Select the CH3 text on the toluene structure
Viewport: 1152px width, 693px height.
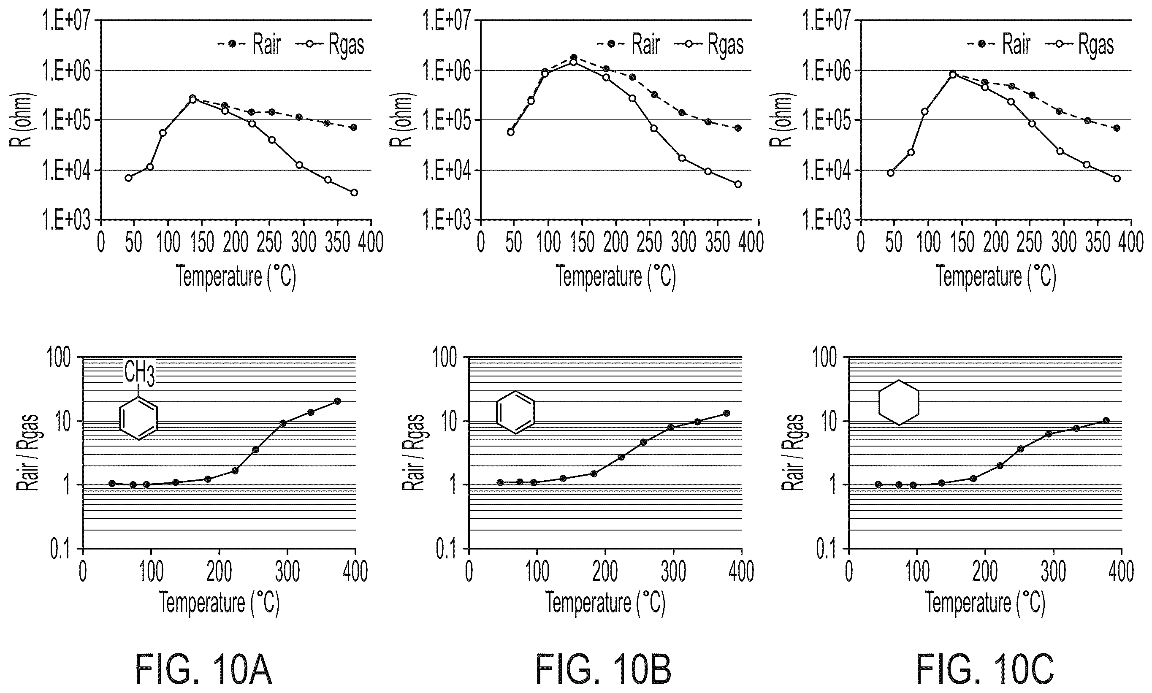[139, 374]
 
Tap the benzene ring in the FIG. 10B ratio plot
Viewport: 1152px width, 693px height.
[515, 412]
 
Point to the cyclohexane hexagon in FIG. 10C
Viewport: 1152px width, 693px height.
[899, 402]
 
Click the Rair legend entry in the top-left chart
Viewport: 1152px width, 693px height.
[249, 44]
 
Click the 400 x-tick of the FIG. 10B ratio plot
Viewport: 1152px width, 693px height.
[742, 571]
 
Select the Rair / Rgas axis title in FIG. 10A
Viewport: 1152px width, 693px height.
[27, 452]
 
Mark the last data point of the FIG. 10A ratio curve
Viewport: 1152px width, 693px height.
[337, 401]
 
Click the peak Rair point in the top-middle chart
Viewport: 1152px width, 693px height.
[573, 57]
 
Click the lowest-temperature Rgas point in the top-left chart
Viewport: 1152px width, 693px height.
[128, 177]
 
